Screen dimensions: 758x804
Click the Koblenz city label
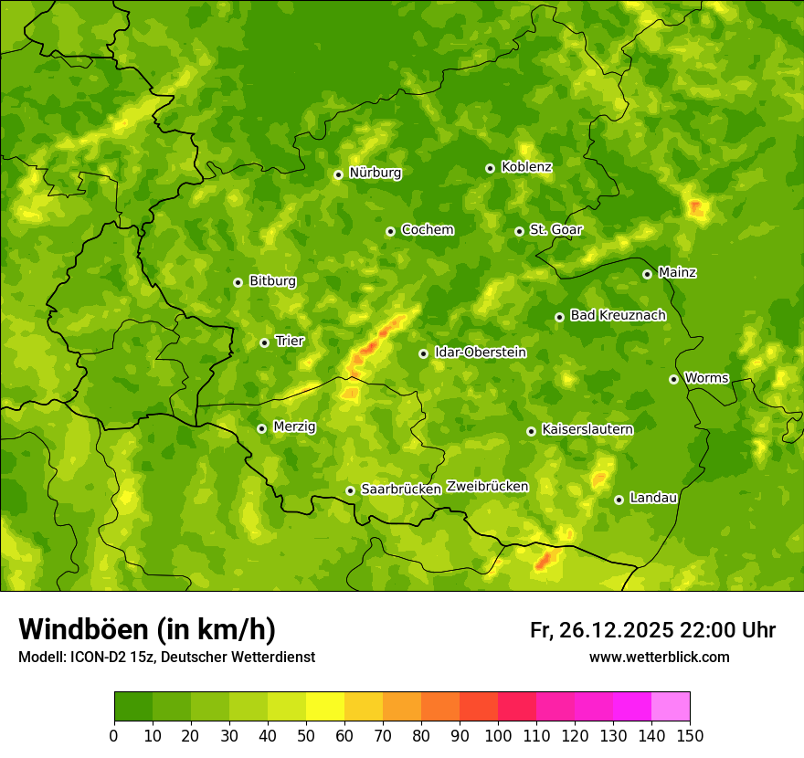pyautogui.click(x=526, y=167)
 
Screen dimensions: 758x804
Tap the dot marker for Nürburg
pyautogui.click(x=338, y=174)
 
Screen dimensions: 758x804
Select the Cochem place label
pyautogui.click(x=427, y=230)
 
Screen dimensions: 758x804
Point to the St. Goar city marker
pyautogui.click(x=519, y=231)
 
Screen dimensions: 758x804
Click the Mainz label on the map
pyautogui.click(x=677, y=273)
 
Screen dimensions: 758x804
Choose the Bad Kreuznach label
pyautogui.click(x=618, y=315)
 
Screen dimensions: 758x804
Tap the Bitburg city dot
pyautogui.click(x=238, y=282)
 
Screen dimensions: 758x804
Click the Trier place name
pyautogui.click(x=290, y=342)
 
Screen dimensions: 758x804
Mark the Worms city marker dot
pyautogui.click(x=673, y=379)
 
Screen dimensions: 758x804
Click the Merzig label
pyautogui.click(x=294, y=426)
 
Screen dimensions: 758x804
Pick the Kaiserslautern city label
pyautogui.click(x=587, y=429)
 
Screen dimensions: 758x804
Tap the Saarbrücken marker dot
pyautogui.click(x=350, y=490)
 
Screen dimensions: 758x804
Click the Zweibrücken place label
pyautogui.click(x=487, y=487)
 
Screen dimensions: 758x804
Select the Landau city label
pyautogui.click(x=653, y=498)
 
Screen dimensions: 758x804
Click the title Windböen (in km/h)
pyautogui.click(x=147, y=629)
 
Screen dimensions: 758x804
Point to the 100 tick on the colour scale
pyautogui.click(x=498, y=735)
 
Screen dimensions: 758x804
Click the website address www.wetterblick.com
pyautogui.click(x=659, y=657)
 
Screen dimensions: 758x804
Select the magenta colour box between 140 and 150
pyautogui.click(x=671, y=706)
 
